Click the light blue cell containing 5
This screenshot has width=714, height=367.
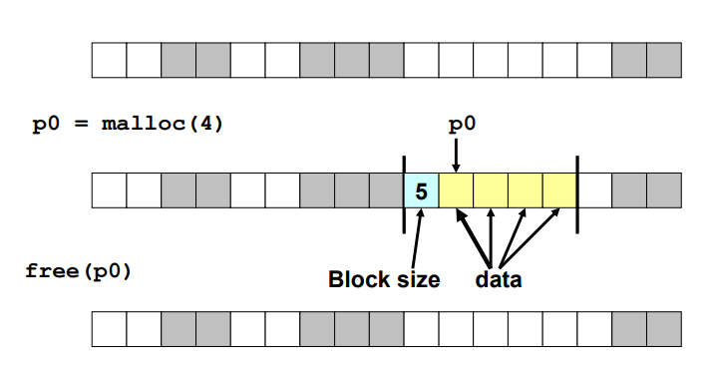click(422, 190)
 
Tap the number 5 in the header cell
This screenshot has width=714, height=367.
click(421, 191)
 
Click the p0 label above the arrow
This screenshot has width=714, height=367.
click(462, 125)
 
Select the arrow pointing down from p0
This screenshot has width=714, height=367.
click(457, 156)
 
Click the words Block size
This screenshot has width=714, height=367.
click(384, 279)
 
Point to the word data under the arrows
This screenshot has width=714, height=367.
click(499, 279)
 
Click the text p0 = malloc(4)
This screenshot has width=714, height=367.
click(128, 124)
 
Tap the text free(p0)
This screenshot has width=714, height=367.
click(79, 272)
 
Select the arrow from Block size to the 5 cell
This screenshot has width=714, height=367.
click(417, 238)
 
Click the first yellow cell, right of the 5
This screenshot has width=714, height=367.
click(457, 190)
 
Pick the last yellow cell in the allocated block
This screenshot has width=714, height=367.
click(559, 190)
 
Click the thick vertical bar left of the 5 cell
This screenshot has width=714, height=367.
click(404, 194)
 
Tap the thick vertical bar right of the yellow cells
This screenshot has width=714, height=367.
click(577, 194)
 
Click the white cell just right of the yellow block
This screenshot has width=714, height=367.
click(594, 190)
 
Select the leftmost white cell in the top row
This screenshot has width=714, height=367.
click(110, 60)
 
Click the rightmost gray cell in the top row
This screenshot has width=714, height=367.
click(664, 60)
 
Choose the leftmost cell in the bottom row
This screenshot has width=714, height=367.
click(110, 329)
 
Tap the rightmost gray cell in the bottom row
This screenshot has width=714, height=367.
click(664, 329)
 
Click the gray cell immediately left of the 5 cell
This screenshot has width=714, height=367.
click(386, 190)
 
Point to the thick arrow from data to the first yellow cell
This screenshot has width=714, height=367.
click(474, 237)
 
